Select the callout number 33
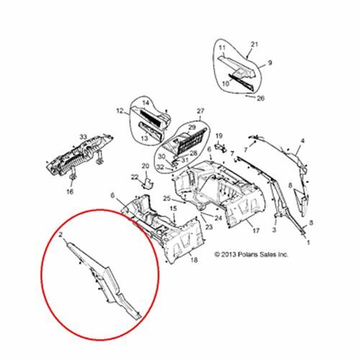(x=82, y=136)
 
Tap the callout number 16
(x=70, y=192)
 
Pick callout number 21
(x=253, y=45)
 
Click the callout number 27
(x=201, y=112)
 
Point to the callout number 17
(x=254, y=232)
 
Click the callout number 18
(x=194, y=260)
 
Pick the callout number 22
(x=134, y=177)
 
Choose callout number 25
(x=166, y=199)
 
